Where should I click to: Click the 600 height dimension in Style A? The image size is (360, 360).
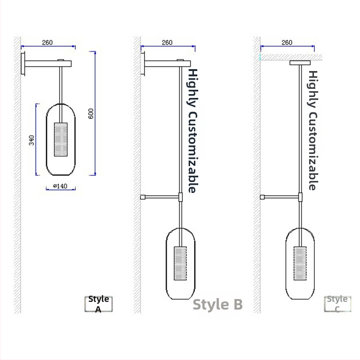91,113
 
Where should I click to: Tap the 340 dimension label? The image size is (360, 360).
32,140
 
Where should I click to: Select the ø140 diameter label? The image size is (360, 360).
60,186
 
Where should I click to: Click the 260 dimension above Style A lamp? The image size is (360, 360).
48,42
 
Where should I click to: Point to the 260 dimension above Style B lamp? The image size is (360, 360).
167,42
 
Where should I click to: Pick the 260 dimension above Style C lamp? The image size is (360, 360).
287,42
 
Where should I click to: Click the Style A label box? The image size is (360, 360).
98,304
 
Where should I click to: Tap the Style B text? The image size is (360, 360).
217,304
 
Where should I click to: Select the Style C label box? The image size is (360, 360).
337,304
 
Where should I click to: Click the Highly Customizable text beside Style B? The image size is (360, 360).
192,131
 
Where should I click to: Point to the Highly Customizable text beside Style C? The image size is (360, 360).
312,130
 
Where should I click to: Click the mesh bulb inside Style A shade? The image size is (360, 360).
61,140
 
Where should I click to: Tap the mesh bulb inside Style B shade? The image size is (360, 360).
180,264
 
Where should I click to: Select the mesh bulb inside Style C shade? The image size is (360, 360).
300,264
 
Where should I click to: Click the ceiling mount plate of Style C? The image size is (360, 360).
300,63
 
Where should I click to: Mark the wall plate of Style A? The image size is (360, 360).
23,64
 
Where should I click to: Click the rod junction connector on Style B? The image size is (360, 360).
180,197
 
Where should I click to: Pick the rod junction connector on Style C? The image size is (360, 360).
300,197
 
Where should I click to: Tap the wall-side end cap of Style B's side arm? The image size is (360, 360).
143,197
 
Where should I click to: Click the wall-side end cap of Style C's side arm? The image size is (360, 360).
263,197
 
